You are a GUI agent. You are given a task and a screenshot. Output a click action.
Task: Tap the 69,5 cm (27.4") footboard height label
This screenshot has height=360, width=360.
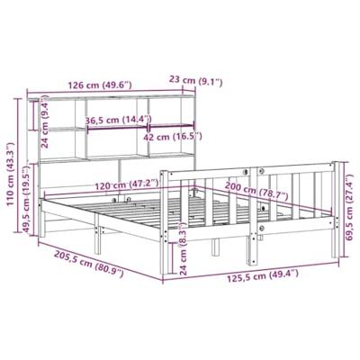tap(347, 208)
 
